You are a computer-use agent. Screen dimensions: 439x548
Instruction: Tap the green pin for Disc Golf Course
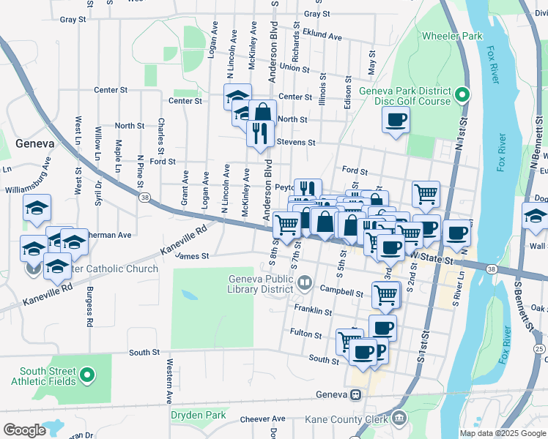coord(462,95)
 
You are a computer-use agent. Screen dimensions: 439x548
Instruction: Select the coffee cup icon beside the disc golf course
coord(396,120)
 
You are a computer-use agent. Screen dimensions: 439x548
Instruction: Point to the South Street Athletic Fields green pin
coord(86,375)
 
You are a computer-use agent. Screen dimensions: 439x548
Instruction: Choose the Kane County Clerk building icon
coord(398,419)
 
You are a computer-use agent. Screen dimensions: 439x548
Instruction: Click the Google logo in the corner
coord(24,430)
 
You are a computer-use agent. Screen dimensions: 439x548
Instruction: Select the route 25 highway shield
coord(539,348)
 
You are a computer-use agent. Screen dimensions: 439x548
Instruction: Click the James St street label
coord(193,256)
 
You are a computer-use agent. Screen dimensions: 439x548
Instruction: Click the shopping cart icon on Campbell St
coord(386,295)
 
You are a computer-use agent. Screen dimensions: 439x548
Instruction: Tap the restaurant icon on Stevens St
coord(260,133)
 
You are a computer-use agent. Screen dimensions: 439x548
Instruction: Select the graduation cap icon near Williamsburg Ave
coord(37,208)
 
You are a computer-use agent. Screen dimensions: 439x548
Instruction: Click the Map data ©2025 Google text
coord(502,433)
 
